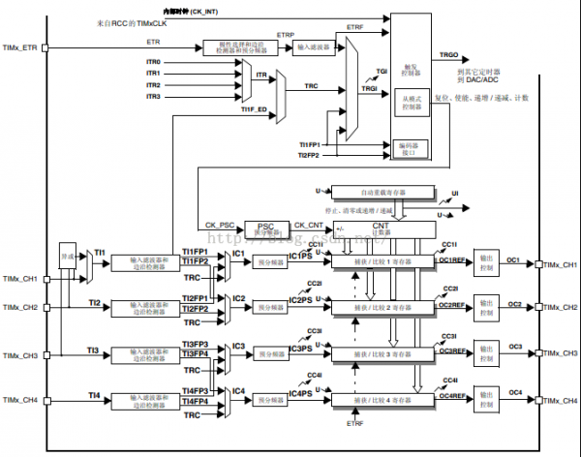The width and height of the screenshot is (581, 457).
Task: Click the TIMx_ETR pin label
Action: [20, 46]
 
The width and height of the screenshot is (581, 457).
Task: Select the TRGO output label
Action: [449, 55]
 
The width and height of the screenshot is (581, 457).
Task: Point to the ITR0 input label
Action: [152, 62]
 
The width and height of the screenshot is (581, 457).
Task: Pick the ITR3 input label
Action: [152, 97]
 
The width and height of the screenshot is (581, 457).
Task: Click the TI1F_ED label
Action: [254, 109]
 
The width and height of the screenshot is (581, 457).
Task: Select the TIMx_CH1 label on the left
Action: [20, 279]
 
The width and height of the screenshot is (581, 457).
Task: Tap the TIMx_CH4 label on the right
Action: [561, 399]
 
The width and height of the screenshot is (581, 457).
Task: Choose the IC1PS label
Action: [301, 256]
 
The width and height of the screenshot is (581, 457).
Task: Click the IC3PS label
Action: [301, 348]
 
